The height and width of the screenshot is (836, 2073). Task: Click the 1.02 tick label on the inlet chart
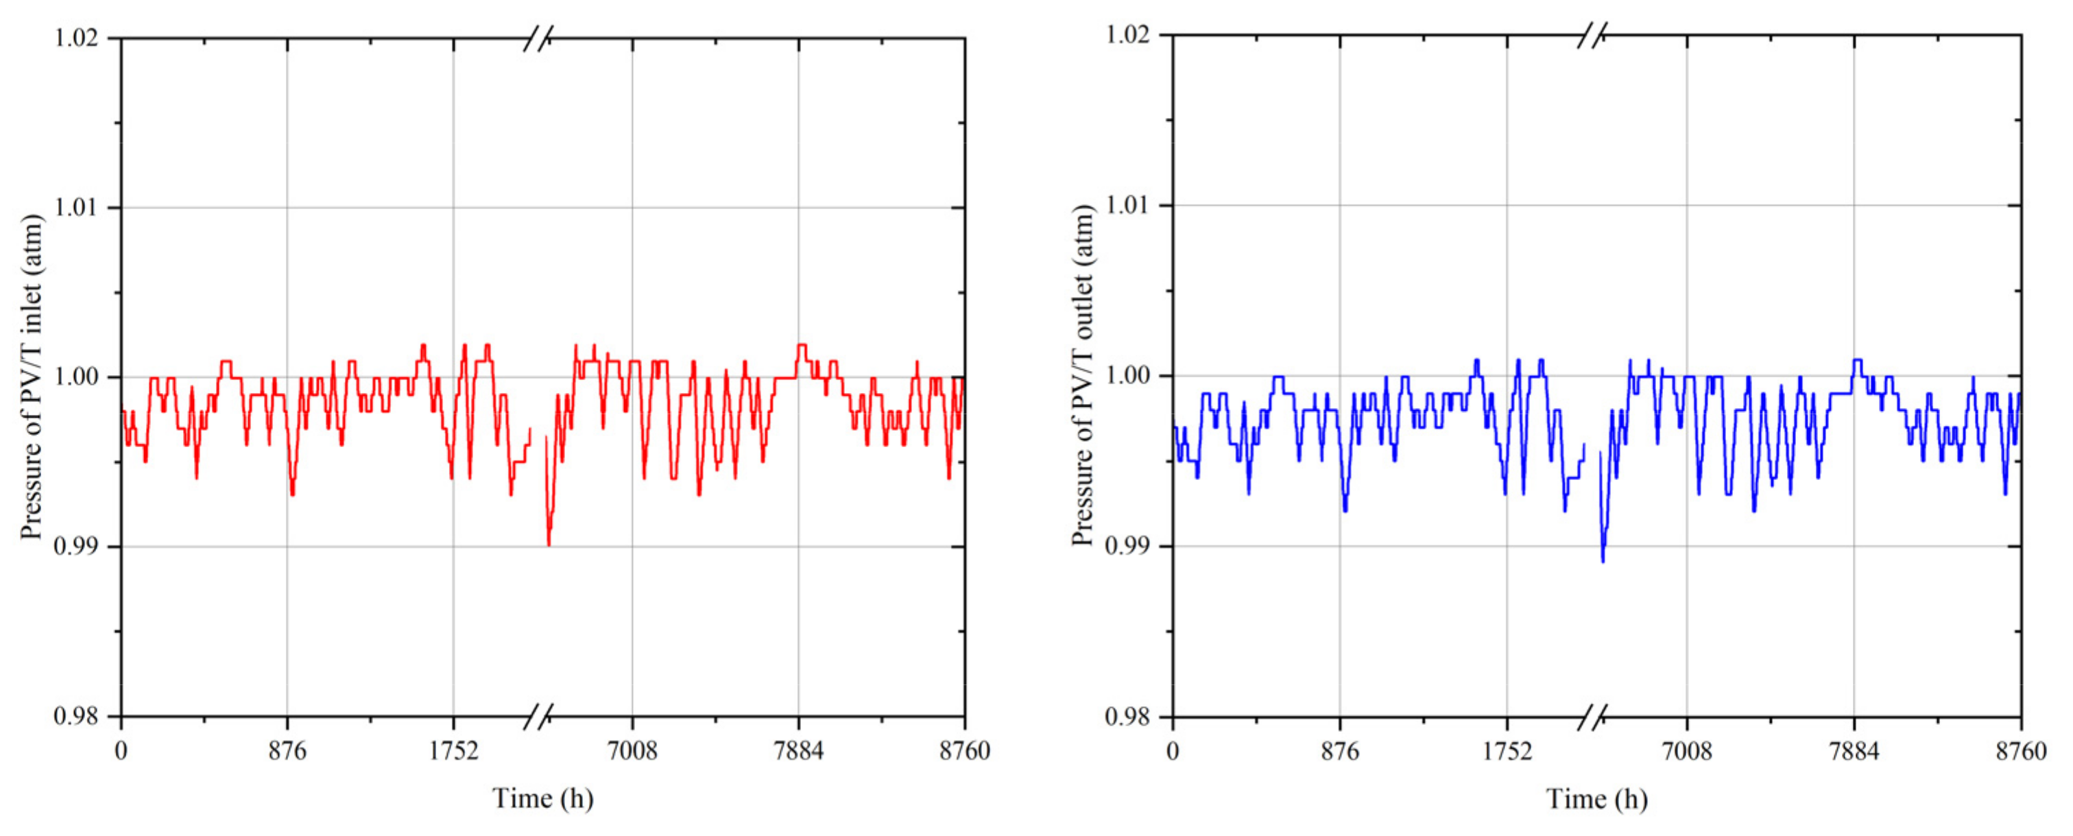tap(80, 38)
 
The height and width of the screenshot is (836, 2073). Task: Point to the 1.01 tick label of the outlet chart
tap(1131, 204)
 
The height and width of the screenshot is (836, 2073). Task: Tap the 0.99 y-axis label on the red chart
tap(80, 547)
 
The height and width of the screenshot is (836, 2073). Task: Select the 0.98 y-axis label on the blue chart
tap(1131, 716)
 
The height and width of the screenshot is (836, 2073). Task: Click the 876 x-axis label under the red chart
tap(287, 751)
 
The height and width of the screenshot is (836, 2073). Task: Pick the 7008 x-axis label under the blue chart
tap(1687, 751)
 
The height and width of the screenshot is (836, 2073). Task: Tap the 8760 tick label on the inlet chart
tap(964, 751)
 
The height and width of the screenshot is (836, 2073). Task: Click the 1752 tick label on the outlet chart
tap(1507, 751)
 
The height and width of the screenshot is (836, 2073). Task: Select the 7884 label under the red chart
tap(798, 751)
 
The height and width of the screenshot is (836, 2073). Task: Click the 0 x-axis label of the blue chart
tap(1173, 751)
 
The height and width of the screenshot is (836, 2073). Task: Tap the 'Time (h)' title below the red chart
tap(543, 798)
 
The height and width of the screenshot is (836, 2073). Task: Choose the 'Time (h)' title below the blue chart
tap(1596, 798)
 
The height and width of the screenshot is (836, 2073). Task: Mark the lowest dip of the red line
tap(549, 544)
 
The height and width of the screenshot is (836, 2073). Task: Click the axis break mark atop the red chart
tap(538, 38)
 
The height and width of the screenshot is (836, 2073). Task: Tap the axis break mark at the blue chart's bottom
tap(1592, 716)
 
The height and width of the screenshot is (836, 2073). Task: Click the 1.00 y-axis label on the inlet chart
tap(80, 377)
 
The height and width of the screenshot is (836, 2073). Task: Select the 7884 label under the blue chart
tap(1854, 751)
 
